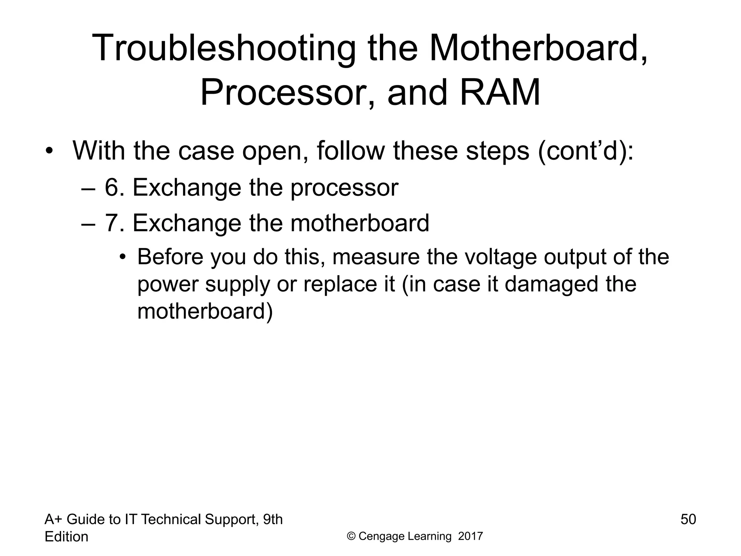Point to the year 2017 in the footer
pyautogui.click(x=470, y=536)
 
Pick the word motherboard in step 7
pyautogui.click(x=360, y=223)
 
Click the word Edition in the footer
pyautogui.click(x=66, y=537)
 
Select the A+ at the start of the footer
pyautogui.click(x=54, y=520)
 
